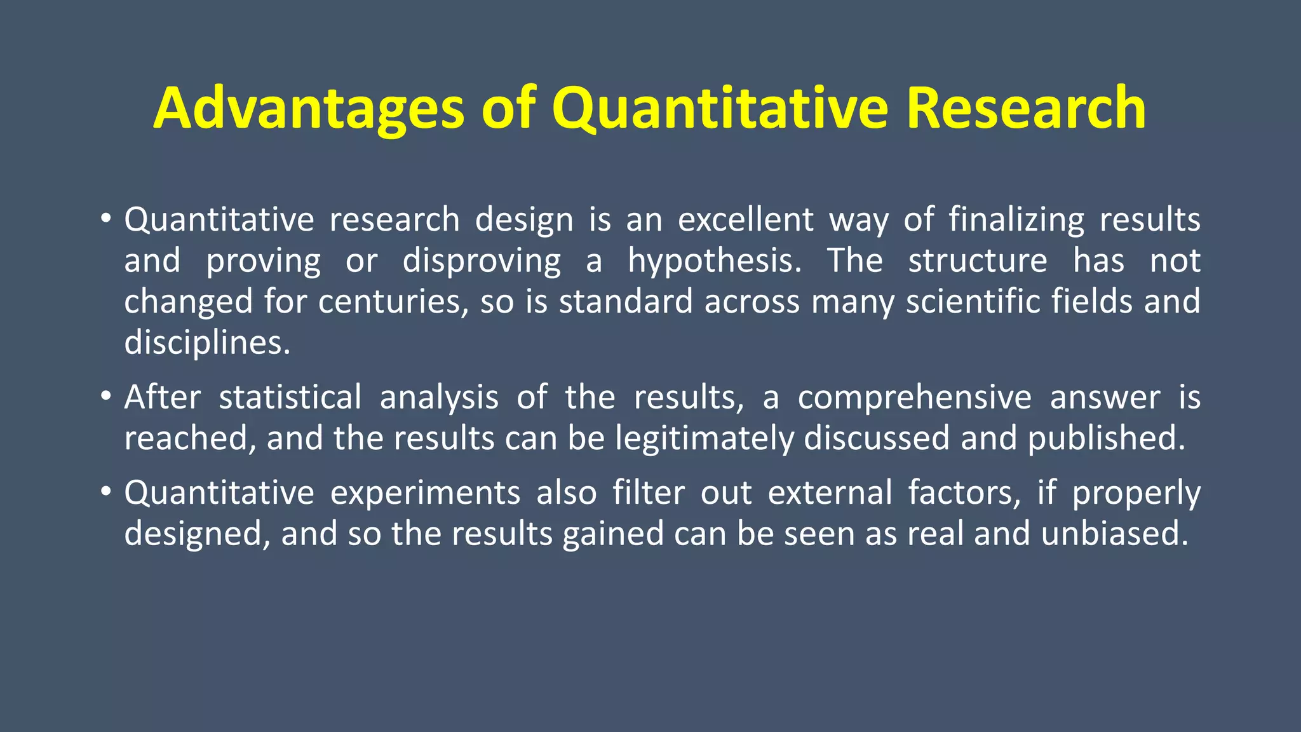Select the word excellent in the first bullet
point(745,220)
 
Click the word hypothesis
point(715,261)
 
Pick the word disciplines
point(207,343)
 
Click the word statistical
point(290,398)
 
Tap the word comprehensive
point(914,398)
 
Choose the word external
point(830,493)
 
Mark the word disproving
point(482,261)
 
